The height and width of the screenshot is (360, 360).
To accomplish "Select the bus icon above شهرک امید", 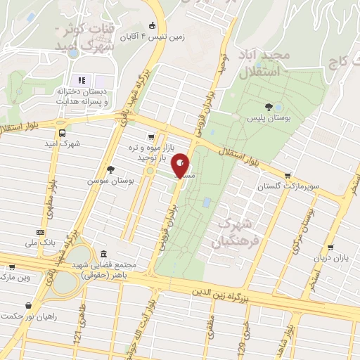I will click(63, 132).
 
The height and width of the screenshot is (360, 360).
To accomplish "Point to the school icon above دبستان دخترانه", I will click(81, 80).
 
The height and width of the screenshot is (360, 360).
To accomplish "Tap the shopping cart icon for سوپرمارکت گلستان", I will click(287, 176).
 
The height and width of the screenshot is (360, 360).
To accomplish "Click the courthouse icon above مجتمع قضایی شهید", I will click(104, 254).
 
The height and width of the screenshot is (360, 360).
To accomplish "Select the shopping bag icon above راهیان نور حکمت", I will click(28, 306).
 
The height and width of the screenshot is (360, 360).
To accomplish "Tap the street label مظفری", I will click(209, 334).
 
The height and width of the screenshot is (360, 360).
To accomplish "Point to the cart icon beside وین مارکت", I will click(11, 266).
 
